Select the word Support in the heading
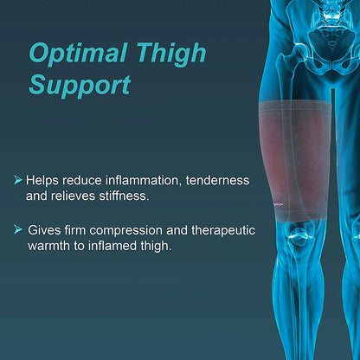pyautogui.click(x=80, y=85)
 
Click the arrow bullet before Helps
pyautogui.click(x=18, y=180)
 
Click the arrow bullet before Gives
pyautogui.click(x=18, y=230)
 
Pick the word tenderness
pyautogui.click(x=215, y=180)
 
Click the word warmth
pyautogui.click(x=48, y=247)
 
